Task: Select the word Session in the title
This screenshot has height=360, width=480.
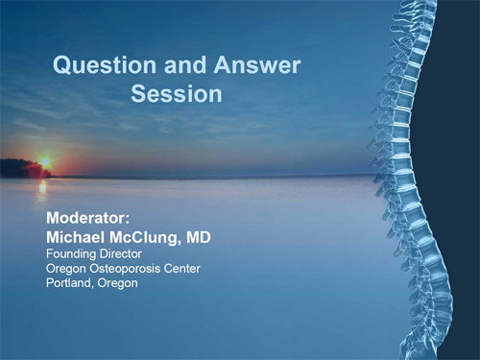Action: (177, 95)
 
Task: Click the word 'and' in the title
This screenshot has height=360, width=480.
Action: (172, 66)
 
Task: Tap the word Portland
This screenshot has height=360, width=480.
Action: (69, 283)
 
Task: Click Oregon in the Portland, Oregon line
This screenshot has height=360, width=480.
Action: (117, 283)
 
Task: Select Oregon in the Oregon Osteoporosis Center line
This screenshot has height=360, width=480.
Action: (65, 268)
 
